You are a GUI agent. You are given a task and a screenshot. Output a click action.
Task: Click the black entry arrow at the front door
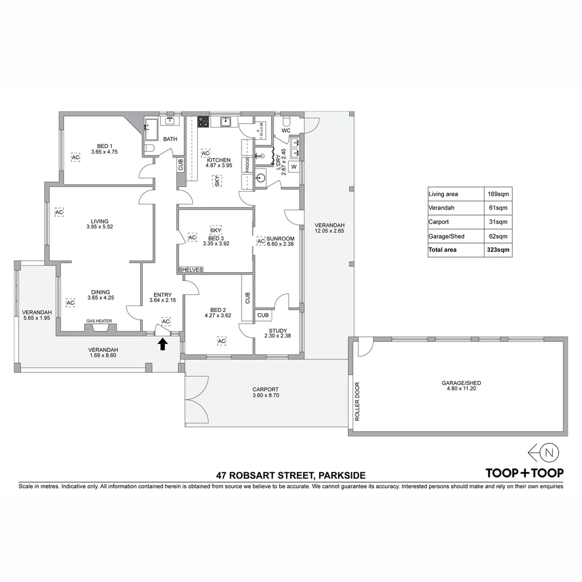click(x=162, y=344)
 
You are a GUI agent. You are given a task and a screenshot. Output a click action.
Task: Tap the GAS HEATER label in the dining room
click(x=100, y=322)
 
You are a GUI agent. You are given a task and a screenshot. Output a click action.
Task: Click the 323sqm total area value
click(x=497, y=250)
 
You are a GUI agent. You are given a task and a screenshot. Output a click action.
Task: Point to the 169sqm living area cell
click(x=497, y=194)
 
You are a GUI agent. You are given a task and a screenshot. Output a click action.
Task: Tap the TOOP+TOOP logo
click(x=524, y=473)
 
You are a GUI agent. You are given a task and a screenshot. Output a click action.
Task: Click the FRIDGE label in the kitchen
click(x=247, y=164)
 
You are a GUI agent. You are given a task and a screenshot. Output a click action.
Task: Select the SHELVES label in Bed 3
click(x=190, y=269)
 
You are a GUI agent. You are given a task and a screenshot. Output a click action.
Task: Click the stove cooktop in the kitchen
click(x=203, y=122)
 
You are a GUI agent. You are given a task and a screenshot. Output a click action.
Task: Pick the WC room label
click(x=286, y=130)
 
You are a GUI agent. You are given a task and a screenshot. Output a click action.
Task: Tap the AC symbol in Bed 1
click(x=75, y=157)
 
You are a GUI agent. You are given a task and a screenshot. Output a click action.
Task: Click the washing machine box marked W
click(x=294, y=167)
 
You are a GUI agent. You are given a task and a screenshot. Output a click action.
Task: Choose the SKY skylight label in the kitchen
click(x=217, y=181)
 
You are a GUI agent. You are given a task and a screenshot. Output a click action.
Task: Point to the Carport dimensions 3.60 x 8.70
click(x=265, y=396)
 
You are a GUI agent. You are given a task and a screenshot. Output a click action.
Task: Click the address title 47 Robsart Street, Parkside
click(x=290, y=475)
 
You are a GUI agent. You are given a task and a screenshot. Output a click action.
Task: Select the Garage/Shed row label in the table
click(x=446, y=236)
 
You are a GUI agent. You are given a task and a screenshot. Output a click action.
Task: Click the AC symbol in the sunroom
click(x=261, y=241)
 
